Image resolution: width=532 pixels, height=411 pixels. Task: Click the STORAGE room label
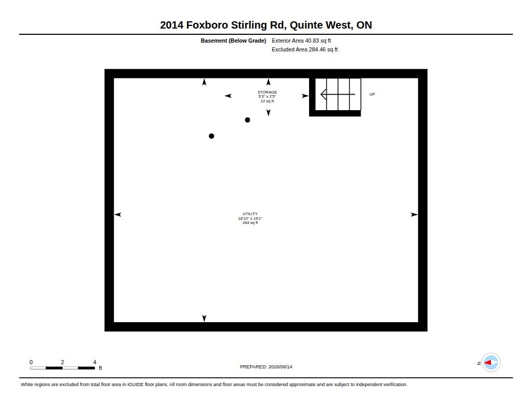point(267,92)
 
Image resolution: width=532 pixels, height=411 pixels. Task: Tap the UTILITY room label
point(250,214)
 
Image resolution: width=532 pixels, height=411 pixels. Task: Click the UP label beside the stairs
point(372,95)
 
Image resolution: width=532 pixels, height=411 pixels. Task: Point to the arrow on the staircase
point(338,95)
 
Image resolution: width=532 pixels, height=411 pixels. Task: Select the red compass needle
point(487,363)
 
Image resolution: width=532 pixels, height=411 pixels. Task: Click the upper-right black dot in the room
point(247,120)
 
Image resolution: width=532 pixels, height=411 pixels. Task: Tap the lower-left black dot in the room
point(211,136)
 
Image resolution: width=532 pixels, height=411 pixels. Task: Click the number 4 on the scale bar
point(95,362)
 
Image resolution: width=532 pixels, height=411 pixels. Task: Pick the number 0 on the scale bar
point(31,362)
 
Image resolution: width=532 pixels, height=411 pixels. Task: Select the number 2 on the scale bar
point(62,362)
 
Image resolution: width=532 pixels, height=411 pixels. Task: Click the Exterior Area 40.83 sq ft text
point(301,41)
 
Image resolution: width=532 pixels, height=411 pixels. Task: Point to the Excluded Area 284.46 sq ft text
point(304,49)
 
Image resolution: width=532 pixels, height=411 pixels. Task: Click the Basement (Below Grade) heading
point(233,41)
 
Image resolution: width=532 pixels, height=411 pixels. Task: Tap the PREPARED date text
point(266,367)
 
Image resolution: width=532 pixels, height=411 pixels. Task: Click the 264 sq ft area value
point(250,222)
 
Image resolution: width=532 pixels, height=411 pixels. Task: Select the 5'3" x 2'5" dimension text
point(267,97)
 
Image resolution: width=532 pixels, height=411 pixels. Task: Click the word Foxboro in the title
point(207,25)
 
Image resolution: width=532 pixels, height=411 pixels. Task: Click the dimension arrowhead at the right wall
point(414,215)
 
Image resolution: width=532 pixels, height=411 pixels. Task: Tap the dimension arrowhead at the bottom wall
point(204,319)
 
